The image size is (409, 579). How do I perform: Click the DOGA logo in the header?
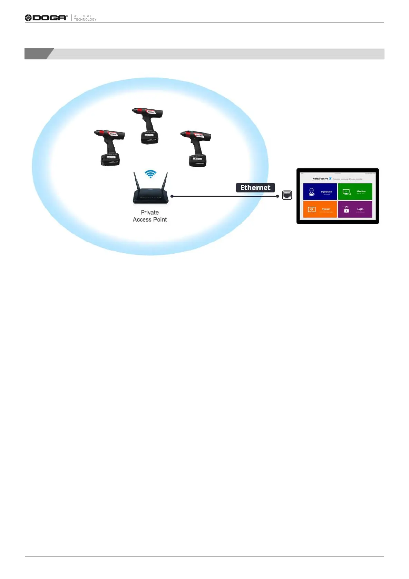coord(46,18)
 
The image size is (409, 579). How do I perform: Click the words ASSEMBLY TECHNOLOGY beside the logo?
coord(85,18)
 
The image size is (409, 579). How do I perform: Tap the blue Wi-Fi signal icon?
coord(150,174)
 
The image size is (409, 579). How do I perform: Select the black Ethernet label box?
coord(255,188)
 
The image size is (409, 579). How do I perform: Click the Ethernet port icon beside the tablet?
coord(287,195)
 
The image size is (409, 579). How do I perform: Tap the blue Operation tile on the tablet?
coord(320,192)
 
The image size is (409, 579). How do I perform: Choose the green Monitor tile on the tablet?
coord(355,192)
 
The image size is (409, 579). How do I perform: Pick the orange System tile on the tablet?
coord(320,209)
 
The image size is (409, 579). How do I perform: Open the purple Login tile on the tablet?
coord(355,209)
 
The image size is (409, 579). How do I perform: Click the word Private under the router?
coord(150,213)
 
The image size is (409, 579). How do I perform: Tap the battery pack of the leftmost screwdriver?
coord(110,159)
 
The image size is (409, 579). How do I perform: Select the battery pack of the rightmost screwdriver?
coord(198,160)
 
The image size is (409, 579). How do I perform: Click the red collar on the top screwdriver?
coord(142,111)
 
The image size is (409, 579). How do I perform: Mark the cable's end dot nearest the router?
coord(172,196)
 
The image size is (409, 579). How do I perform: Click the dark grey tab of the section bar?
coord(38,54)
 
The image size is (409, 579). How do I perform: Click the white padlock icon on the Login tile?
coord(347,209)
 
